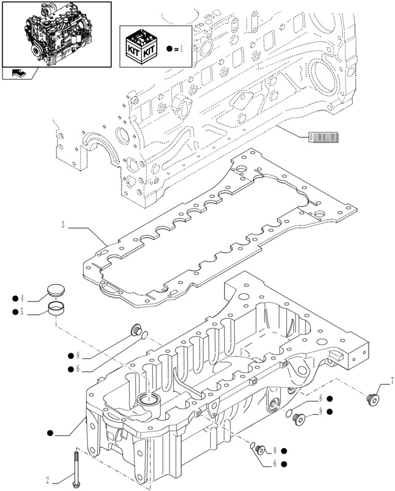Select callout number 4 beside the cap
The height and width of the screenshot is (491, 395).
coord(22,299)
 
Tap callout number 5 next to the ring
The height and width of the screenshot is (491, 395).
coord(22,312)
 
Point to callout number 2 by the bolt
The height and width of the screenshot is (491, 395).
coord(47,480)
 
